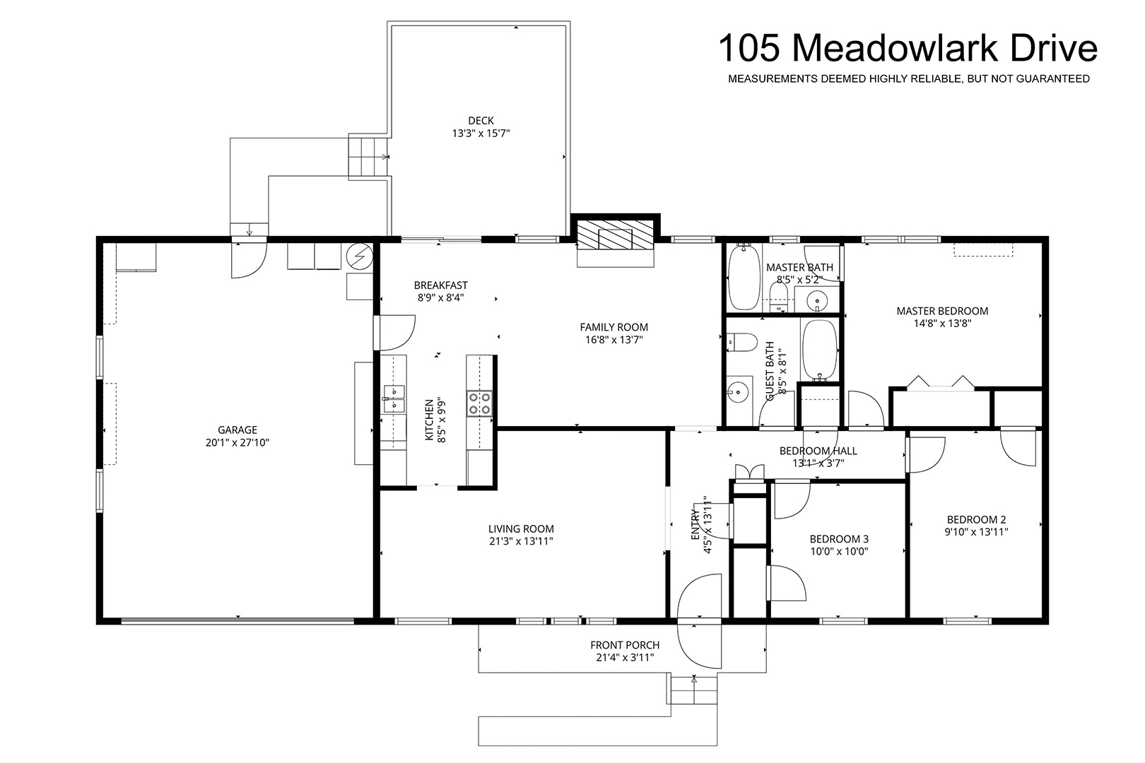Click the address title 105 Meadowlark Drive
[908, 48]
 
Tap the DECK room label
[481, 121]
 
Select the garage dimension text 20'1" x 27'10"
[237, 442]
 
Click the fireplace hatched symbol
[616, 235]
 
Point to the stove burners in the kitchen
[479, 403]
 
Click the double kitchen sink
[394, 399]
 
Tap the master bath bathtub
[744, 278]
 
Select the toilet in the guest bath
[741, 343]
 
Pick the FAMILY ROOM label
[614, 327]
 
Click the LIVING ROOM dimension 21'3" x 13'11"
[521, 541]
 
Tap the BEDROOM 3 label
[839, 538]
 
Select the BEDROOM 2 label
[976, 519]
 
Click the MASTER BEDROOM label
[942, 311]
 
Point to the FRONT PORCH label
[625, 645]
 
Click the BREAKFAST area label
[440, 285]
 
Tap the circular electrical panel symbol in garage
[359, 256]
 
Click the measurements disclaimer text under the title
[909, 78]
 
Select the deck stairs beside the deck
[368, 157]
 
